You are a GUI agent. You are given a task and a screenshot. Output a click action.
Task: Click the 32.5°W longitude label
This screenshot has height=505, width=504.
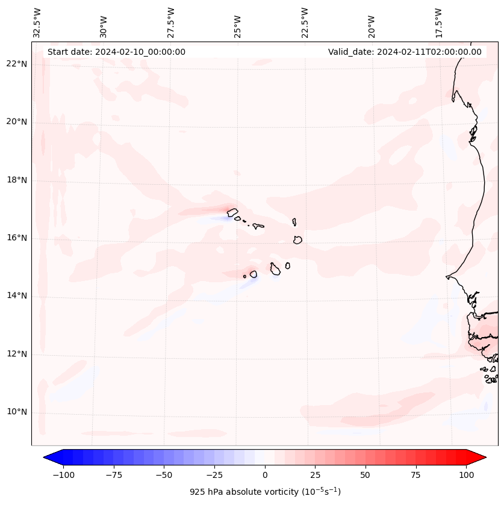point(37,22)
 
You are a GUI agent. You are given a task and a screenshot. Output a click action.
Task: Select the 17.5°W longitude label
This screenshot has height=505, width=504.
point(438,22)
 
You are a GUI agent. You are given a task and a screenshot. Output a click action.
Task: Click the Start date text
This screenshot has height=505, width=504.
point(116,52)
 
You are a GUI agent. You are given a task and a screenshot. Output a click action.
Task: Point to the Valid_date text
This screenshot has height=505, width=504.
point(405,52)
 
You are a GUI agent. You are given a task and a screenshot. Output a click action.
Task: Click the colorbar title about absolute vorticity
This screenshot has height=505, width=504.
point(265,492)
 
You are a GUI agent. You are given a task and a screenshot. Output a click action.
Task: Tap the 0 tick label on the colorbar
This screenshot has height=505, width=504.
point(265,475)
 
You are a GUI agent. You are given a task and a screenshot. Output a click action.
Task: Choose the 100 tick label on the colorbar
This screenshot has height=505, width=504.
point(466,475)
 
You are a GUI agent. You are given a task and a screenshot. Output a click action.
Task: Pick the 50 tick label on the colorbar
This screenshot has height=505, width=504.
point(366,475)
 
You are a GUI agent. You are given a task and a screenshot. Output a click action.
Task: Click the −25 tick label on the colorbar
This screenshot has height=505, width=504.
point(214,475)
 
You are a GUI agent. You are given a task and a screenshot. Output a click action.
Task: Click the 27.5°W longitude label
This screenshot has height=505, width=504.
point(171,22)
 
